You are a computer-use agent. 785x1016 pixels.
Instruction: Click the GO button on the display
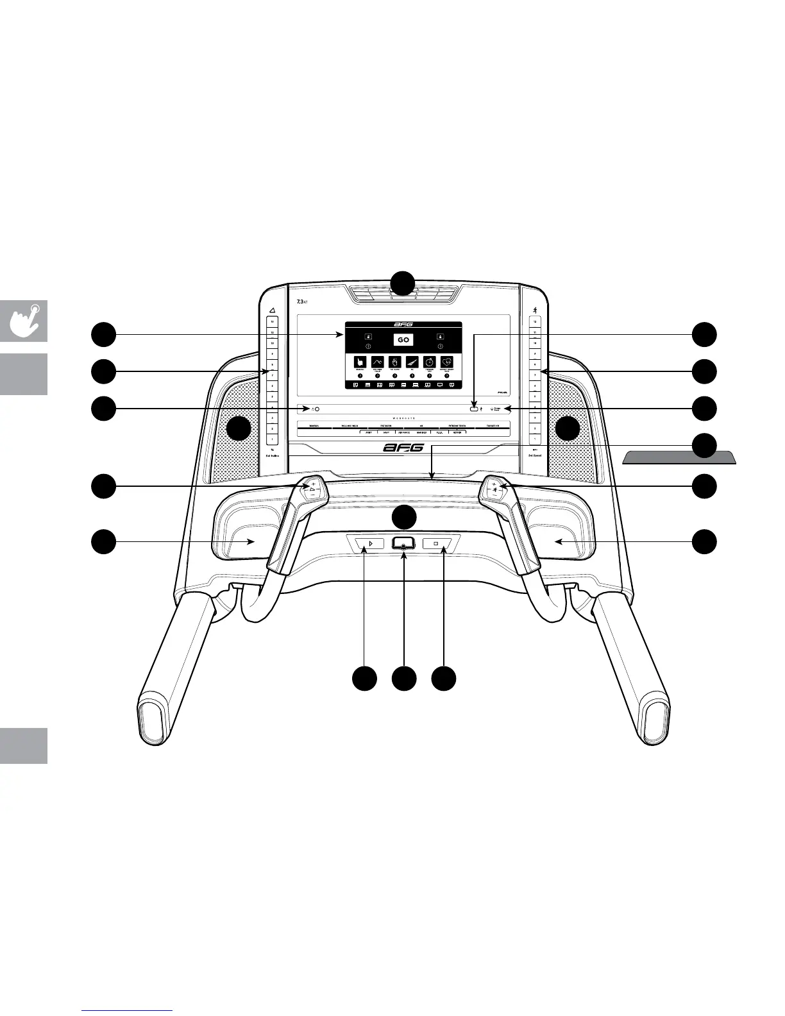(403, 340)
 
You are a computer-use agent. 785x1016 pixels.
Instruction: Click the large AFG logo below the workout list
(403, 448)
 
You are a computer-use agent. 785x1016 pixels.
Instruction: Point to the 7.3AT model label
(302, 301)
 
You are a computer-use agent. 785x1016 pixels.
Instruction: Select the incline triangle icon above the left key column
(272, 310)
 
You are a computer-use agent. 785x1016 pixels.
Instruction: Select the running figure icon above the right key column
(534, 310)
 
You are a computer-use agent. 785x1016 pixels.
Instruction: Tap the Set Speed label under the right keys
(534, 455)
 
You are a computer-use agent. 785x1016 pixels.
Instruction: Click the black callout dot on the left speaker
(239, 428)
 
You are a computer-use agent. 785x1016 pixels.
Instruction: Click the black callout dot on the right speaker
(568, 428)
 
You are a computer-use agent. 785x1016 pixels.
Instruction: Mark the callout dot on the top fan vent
(403, 283)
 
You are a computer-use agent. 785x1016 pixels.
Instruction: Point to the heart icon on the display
(447, 362)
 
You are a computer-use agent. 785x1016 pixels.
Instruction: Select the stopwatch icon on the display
(430, 362)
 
